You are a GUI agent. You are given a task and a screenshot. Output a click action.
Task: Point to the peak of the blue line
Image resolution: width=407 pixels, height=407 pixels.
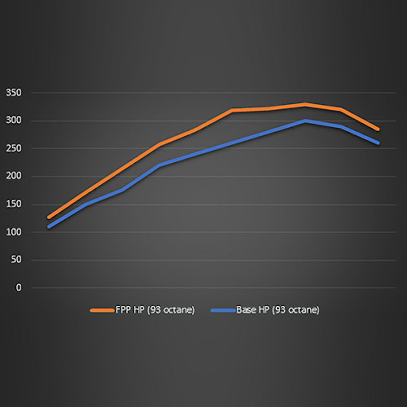click(305, 121)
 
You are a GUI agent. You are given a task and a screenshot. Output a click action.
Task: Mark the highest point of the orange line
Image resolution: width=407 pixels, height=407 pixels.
click(305, 104)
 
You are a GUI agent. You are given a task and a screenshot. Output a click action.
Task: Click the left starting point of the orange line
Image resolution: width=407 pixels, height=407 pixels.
click(49, 217)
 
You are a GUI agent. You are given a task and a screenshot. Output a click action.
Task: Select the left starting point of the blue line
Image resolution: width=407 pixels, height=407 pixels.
click(49, 226)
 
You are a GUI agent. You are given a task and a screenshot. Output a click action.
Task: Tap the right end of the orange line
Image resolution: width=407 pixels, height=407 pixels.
click(378, 129)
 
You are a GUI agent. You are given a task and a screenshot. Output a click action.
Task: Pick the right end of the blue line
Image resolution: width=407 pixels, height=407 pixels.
click(378, 143)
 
